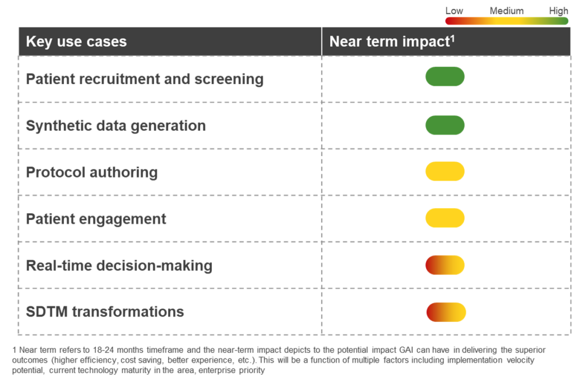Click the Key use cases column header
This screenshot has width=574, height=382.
click(x=76, y=42)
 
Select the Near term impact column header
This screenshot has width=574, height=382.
click(x=391, y=42)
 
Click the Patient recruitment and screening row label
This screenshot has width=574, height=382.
click(x=145, y=79)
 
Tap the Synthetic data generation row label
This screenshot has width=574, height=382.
click(x=115, y=126)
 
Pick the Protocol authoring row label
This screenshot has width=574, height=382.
click(x=91, y=172)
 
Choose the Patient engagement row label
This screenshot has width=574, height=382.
click(x=96, y=219)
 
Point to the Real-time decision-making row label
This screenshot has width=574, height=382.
click(x=119, y=265)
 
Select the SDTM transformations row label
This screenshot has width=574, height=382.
click(x=105, y=312)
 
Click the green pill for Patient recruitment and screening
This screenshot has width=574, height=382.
click(x=445, y=77)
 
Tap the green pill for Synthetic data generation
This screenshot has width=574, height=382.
click(x=445, y=125)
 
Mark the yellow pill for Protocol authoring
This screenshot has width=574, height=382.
click(x=445, y=171)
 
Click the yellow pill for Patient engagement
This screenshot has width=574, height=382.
click(x=445, y=218)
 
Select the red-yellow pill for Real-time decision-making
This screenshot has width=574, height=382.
click(x=445, y=265)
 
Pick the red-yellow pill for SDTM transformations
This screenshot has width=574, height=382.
click(x=446, y=312)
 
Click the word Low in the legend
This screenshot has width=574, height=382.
click(x=454, y=11)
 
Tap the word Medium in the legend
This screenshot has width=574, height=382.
click(x=507, y=11)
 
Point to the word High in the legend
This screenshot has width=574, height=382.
click(x=558, y=11)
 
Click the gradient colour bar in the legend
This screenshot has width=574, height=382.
click(x=507, y=21)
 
